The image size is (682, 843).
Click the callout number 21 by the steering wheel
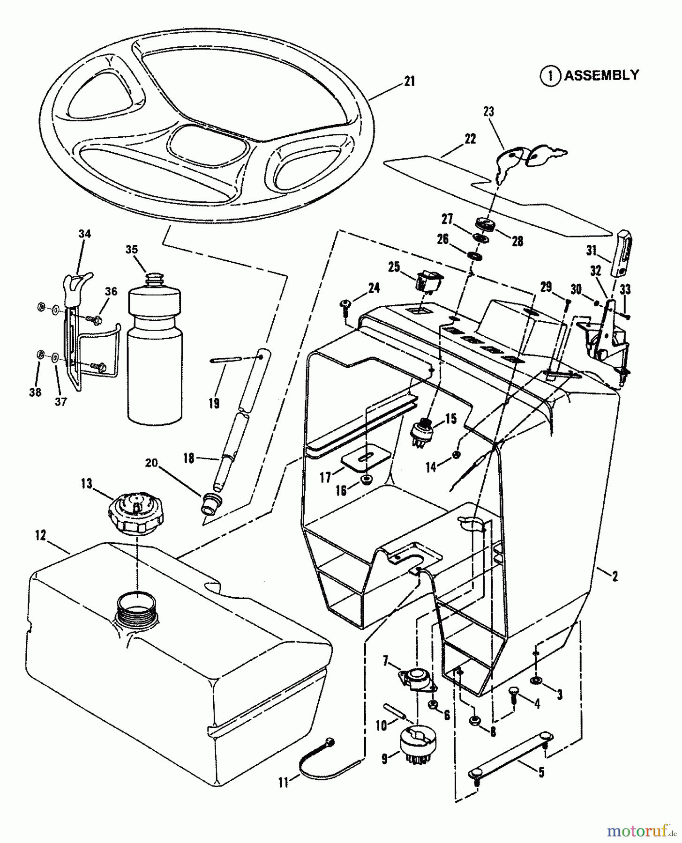coord(409,81)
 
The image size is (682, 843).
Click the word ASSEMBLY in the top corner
coord(601,75)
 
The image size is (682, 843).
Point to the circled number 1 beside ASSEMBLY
coord(551,76)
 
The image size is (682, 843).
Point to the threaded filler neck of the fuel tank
coord(135,607)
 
